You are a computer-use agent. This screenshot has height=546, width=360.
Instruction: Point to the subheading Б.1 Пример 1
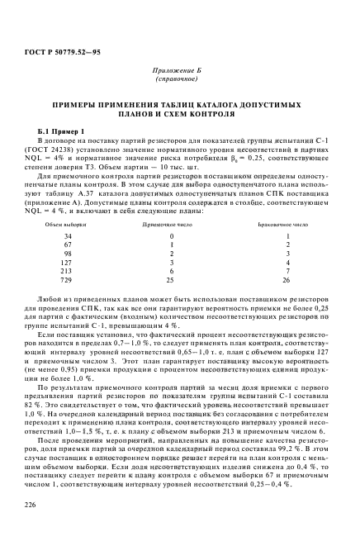(x=63, y=132)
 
